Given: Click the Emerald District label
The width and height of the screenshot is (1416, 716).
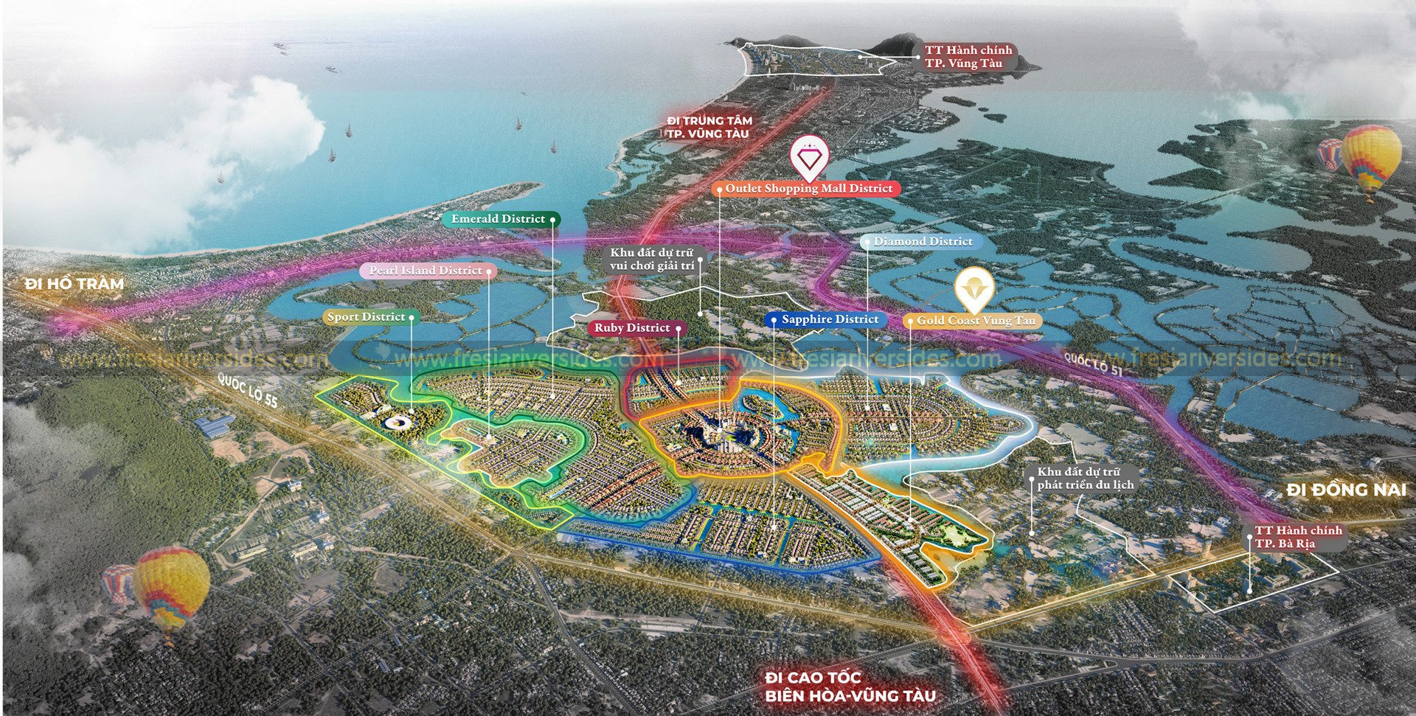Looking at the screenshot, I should pyautogui.click(x=499, y=219).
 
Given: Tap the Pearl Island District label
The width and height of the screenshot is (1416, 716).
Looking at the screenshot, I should pyautogui.click(x=426, y=271).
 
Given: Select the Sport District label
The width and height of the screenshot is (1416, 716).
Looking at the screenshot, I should pyautogui.click(x=367, y=317).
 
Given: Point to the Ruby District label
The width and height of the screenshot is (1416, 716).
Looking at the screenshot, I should pyautogui.click(x=633, y=328).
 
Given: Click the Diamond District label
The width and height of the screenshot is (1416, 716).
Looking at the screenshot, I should pyautogui.click(x=923, y=241).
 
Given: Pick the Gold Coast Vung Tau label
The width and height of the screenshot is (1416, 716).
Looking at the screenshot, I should pyautogui.click(x=976, y=321).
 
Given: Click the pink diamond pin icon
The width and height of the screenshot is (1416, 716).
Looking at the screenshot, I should pyautogui.click(x=808, y=158).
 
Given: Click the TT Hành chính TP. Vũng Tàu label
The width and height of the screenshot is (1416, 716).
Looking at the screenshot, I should pyautogui.click(x=969, y=57).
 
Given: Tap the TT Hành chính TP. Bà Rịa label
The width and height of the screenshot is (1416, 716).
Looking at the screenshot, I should pyautogui.click(x=1298, y=538).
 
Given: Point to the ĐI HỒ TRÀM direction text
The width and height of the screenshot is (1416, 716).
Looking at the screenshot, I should pyautogui.click(x=74, y=283).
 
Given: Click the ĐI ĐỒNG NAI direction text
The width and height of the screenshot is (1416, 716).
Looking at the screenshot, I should pyautogui.click(x=1347, y=490).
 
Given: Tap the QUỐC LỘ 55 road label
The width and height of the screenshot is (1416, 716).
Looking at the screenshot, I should pyautogui.click(x=249, y=389).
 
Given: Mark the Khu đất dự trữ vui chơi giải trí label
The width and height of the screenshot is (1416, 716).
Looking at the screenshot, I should pyautogui.click(x=653, y=258).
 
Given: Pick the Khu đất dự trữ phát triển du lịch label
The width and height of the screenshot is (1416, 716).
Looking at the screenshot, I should pyautogui.click(x=1085, y=478).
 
